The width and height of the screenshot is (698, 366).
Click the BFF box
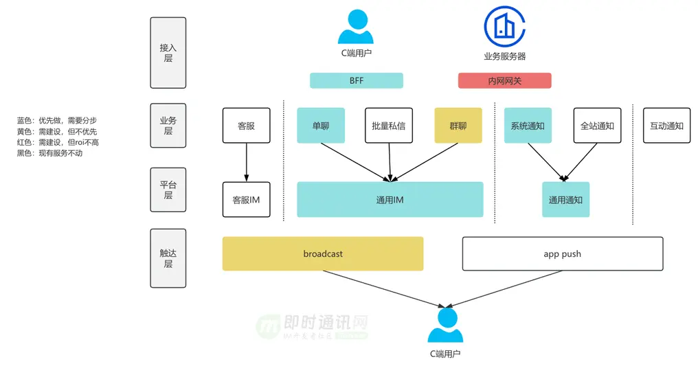(356, 81)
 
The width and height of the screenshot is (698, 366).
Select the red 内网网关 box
(504, 81)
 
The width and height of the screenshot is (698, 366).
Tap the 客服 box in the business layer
(246, 126)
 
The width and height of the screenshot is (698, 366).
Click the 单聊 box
(321, 126)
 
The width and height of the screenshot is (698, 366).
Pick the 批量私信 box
(388, 126)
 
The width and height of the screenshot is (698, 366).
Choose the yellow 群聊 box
(458, 126)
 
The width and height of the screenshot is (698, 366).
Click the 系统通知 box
(528, 126)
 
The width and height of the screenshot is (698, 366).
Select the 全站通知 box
(597, 126)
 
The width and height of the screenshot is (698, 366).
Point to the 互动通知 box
(666, 126)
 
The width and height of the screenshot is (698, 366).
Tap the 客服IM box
(246, 200)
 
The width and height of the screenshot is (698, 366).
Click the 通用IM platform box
(390, 200)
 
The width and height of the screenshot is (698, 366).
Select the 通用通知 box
(565, 200)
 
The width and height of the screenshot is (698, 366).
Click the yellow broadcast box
(322, 254)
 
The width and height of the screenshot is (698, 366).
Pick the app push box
(562, 254)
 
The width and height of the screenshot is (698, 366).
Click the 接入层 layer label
(168, 53)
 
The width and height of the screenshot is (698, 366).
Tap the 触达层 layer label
(168, 258)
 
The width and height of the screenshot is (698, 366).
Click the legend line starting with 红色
(58, 142)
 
